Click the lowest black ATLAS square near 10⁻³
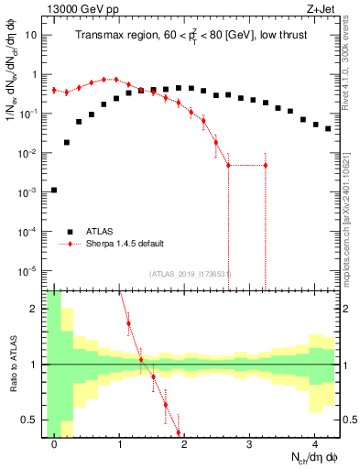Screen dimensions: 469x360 [54, 191]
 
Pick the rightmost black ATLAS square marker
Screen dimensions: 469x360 [328, 129]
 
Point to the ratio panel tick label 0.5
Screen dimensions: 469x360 [33, 420]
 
